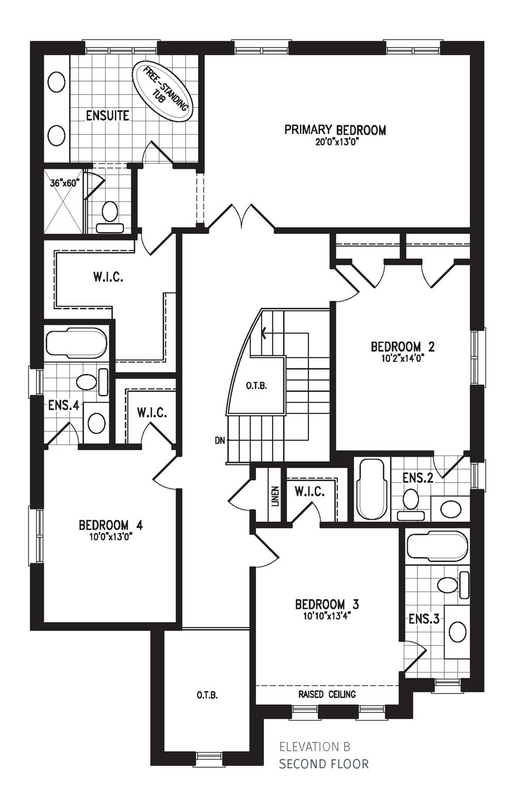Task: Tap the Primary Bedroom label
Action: coord(335,130)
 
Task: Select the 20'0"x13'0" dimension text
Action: coord(336,142)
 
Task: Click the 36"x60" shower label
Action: coord(63,183)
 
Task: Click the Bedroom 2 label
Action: coord(402,346)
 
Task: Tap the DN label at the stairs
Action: coord(220,441)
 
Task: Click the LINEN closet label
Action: coord(275,496)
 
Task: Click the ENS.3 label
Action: coord(424,619)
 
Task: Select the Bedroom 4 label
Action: coord(110,525)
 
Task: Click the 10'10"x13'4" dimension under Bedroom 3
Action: coord(327,616)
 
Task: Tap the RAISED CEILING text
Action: coord(327,694)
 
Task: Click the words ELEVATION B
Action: coord(315,747)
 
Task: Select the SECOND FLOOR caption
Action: coord(324,764)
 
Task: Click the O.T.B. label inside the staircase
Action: coord(256,386)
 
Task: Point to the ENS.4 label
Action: coord(63,406)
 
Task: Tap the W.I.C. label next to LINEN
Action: coord(310,492)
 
